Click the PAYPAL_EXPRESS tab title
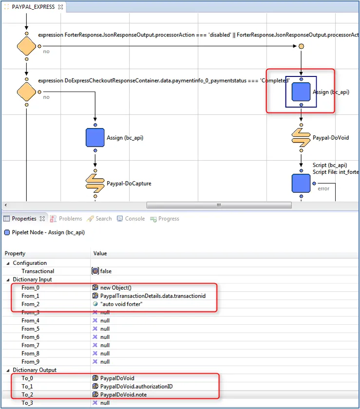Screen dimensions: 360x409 point(33,7)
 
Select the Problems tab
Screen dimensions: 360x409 point(66,219)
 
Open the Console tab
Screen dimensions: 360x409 point(131,219)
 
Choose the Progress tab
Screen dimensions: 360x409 point(165,219)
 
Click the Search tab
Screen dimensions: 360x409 point(99,219)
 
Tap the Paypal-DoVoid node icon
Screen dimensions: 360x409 point(301,138)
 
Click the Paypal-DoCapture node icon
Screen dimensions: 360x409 point(95,184)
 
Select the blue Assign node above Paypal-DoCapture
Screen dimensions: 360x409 point(95,137)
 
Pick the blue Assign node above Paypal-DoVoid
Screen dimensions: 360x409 point(301,92)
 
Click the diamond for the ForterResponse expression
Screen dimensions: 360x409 point(26,46)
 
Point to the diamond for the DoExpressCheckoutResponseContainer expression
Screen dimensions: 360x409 point(26,92)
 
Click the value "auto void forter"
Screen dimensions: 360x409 point(121,304)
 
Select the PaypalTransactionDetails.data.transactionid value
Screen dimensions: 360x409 point(153,296)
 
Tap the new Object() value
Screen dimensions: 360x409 point(116,287)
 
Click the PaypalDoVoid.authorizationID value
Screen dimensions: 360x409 point(136,386)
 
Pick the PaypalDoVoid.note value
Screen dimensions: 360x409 point(123,395)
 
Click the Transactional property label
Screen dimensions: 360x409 point(38,271)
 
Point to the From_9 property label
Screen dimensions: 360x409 point(31,362)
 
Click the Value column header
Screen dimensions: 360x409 point(100,253)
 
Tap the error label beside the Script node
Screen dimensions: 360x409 point(323,188)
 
